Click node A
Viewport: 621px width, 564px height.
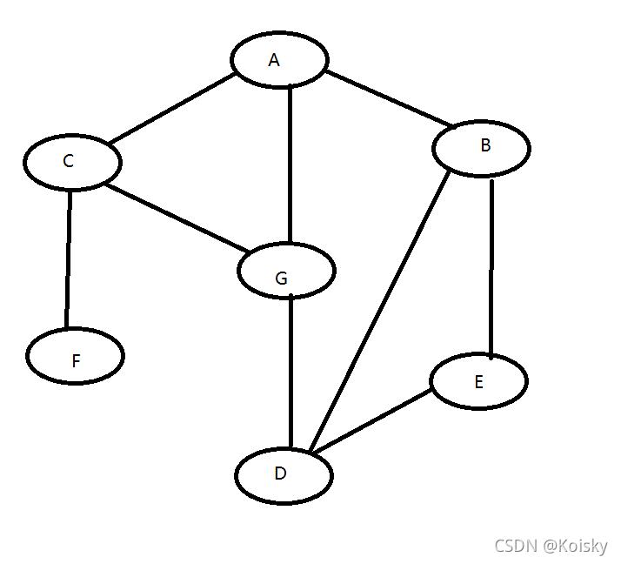[x=279, y=59]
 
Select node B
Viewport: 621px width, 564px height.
[x=481, y=147]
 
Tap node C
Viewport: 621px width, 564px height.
[x=72, y=162]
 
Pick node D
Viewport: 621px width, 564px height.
[x=284, y=475]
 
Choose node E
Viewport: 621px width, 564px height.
[x=478, y=381]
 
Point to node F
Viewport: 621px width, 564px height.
[x=76, y=356]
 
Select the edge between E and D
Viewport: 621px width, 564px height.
[x=371, y=421]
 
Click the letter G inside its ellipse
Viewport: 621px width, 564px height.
[x=280, y=278]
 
